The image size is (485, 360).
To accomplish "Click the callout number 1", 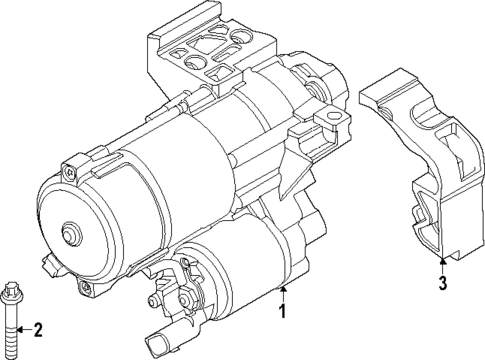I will [x=284, y=331].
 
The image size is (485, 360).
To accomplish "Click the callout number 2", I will [x=38, y=331].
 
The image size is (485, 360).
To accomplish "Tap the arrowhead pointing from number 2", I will [x=24, y=330].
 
